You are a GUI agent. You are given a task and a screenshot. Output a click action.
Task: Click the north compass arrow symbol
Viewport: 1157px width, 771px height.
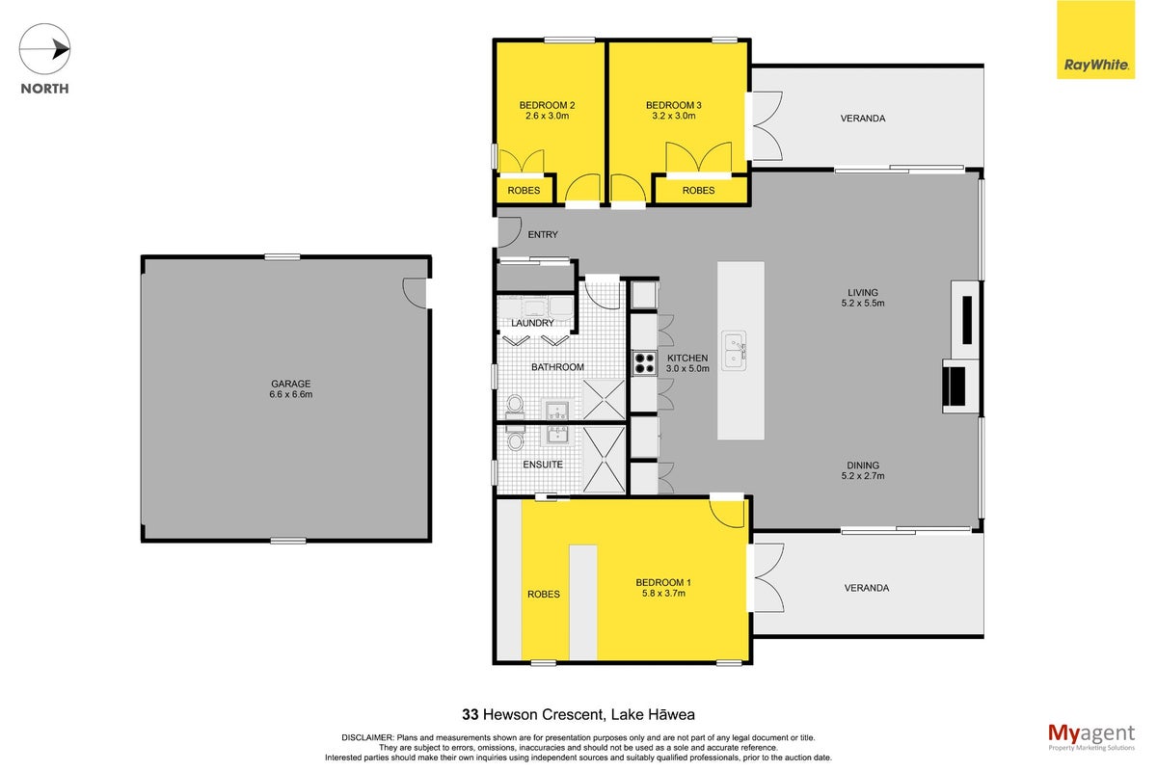click(44, 49)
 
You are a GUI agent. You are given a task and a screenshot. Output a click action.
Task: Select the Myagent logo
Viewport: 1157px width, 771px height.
click(1090, 737)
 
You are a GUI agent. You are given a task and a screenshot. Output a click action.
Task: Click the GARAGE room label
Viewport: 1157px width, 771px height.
click(291, 384)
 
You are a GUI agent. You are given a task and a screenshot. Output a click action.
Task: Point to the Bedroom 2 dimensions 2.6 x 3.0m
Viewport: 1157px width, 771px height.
click(547, 116)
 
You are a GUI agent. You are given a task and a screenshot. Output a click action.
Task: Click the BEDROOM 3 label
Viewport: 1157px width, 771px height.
click(674, 105)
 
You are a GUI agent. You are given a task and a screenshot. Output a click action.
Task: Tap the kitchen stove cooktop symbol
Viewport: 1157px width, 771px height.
click(644, 362)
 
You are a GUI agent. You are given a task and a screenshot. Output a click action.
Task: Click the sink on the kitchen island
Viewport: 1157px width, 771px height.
click(734, 350)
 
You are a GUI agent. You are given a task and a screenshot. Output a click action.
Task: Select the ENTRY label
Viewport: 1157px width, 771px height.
click(542, 234)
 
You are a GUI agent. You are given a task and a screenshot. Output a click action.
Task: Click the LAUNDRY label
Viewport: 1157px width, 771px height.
click(532, 323)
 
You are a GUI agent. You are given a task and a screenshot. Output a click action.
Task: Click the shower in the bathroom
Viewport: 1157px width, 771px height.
click(604, 399)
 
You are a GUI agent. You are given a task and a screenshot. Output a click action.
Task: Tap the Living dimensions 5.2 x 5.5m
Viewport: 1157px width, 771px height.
click(863, 304)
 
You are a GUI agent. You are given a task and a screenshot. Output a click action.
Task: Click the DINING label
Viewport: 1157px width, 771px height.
click(863, 465)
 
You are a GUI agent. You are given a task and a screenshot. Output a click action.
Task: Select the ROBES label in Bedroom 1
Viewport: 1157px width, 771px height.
click(544, 595)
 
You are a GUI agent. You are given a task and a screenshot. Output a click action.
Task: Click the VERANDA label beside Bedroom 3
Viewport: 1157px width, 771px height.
click(863, 119)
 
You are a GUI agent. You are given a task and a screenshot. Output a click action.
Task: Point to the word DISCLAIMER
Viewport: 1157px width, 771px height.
click(366, 737)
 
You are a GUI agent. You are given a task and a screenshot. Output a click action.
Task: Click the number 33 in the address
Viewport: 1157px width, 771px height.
click(471, 715)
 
